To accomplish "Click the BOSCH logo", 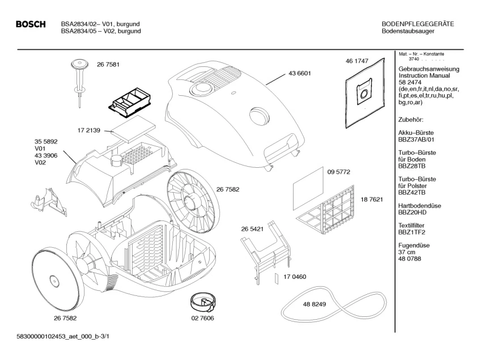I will [x=31, y=24].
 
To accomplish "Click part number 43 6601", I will [x=300, y=73].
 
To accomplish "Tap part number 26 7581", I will [x=108, y=65].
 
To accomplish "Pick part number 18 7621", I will [x=372, y=200].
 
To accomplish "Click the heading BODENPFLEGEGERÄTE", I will [x=418, y=24].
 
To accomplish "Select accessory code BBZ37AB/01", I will [x=418, y=139].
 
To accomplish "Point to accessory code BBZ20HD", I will [x=416, y=212].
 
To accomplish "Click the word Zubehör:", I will [x=411, y=120].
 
